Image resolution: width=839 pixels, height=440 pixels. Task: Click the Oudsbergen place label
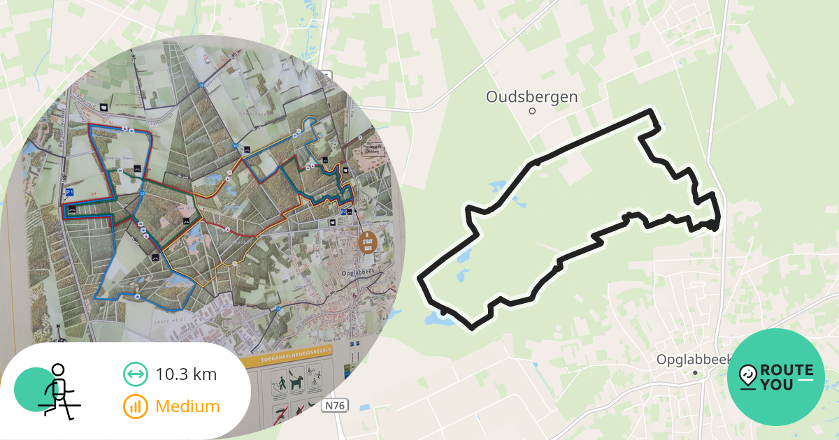point(532,96)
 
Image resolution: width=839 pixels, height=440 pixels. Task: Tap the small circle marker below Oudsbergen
point(532,110)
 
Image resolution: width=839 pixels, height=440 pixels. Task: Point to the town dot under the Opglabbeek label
point(695,373)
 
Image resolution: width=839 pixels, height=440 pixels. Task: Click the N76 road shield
point(336,405)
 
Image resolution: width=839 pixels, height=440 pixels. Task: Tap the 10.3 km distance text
point(186,374)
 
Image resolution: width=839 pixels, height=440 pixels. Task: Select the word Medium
point(187,406)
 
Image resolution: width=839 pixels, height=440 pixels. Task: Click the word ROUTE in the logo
point(787,370)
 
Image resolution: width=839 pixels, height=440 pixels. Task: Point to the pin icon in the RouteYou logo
point(747,377)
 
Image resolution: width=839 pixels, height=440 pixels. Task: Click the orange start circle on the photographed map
point(367,242)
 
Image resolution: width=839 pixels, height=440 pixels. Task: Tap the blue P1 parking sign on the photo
point(69,191)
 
